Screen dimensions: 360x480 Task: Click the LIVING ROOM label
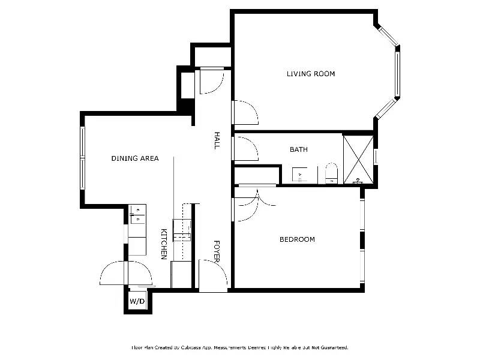pyautogui.click(x=310, y=74)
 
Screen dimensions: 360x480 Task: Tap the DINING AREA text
pyautogui.click(x=135, y=158)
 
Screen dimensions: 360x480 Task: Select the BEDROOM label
pyautogui.click(x=297, y=239)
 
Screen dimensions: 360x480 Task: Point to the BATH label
pyautogui.click(x=298, y=149)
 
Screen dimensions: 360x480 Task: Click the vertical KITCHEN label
pyautogui.click(x=163, y=244)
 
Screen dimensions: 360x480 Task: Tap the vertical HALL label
pyautogui.click(x=217, y=140)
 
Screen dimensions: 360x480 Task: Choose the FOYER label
pyautogui.click(x=217, y=250)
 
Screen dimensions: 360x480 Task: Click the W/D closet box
pyautogui.click(x=137, y=300)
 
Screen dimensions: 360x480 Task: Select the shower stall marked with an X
pyautogui.click(x=358, y=159)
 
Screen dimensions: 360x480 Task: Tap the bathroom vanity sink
pyautogui.click(x=300, y=175)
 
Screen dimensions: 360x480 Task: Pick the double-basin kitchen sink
pyautogui.click(x=137, y=214)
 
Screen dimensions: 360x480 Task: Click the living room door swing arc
pyautogui.click(x=246, y=112)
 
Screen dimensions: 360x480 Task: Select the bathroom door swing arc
pyautogui.click(x=246, y=149)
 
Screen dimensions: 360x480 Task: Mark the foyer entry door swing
pyautogui.click(x=213, y=275)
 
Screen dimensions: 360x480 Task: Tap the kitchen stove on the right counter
pyautogui.click(x=181, y=230)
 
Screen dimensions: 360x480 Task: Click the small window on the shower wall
pyautogui.click(x=376, y=157)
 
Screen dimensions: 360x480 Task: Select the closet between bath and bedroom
pyautogui.click(x=256, y=176)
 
